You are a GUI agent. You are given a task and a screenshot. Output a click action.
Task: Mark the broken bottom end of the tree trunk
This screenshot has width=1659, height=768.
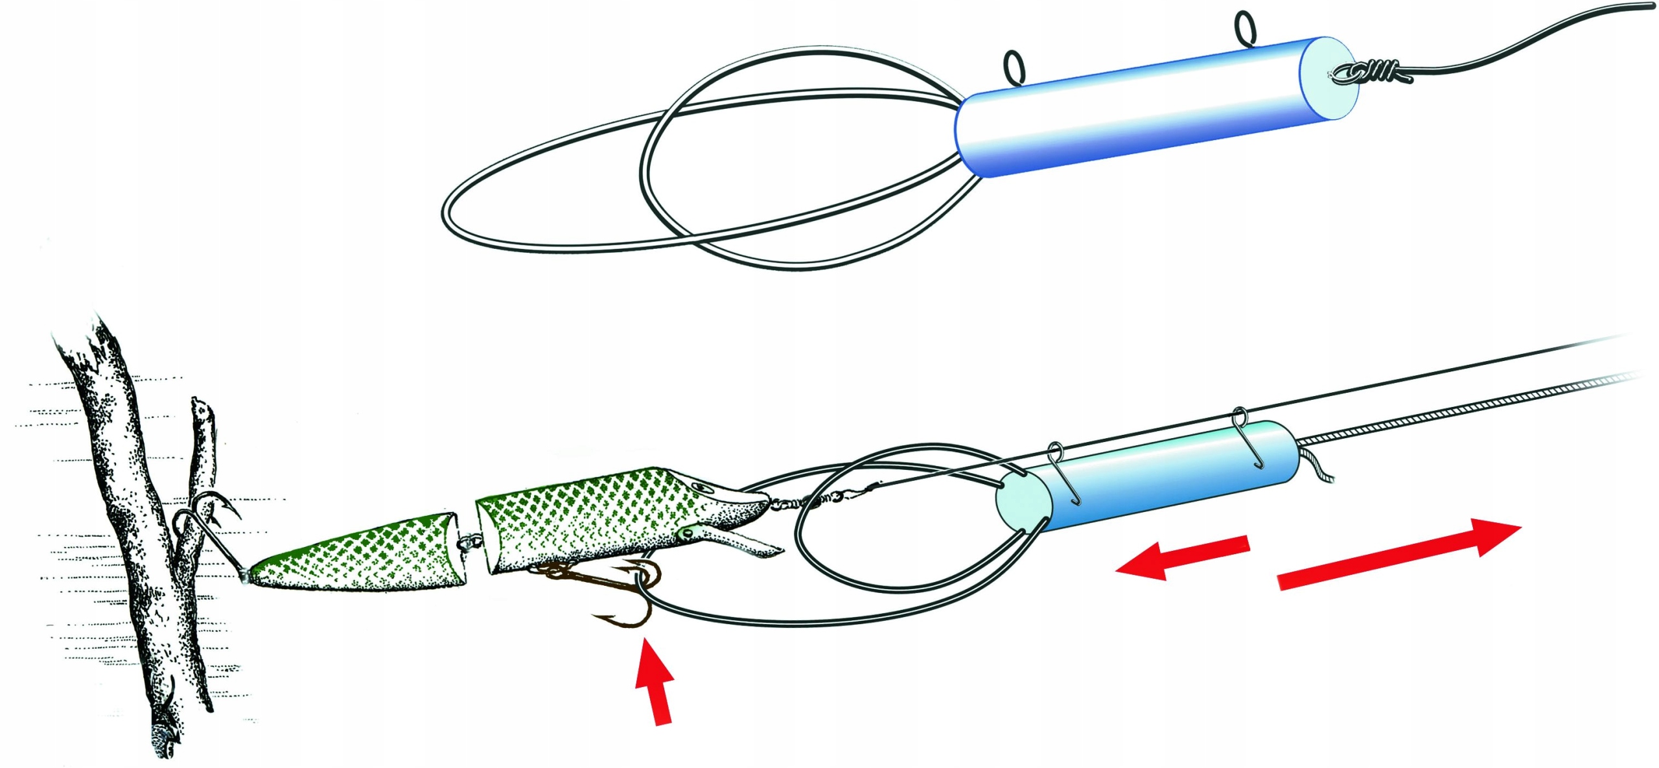tap(165, 736)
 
